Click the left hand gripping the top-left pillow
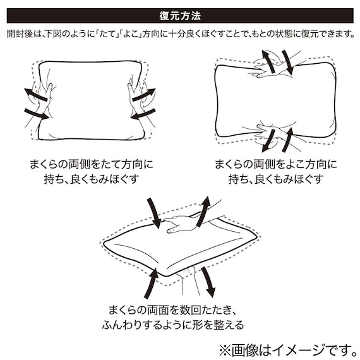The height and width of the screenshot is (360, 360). pyautogui.click(x=43, y=95)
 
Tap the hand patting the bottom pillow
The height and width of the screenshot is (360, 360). pyautogui.click(x=180, y=222)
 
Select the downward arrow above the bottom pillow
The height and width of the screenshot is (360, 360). pyautogui.click(x=153, y=213)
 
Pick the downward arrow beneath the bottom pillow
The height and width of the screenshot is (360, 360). pyautogui.click(x=207, y=281)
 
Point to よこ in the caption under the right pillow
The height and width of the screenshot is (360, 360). pyautogui.click(x=291, y=165)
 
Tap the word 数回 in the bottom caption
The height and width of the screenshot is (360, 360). pyautogui.click(x=191, y=310)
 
